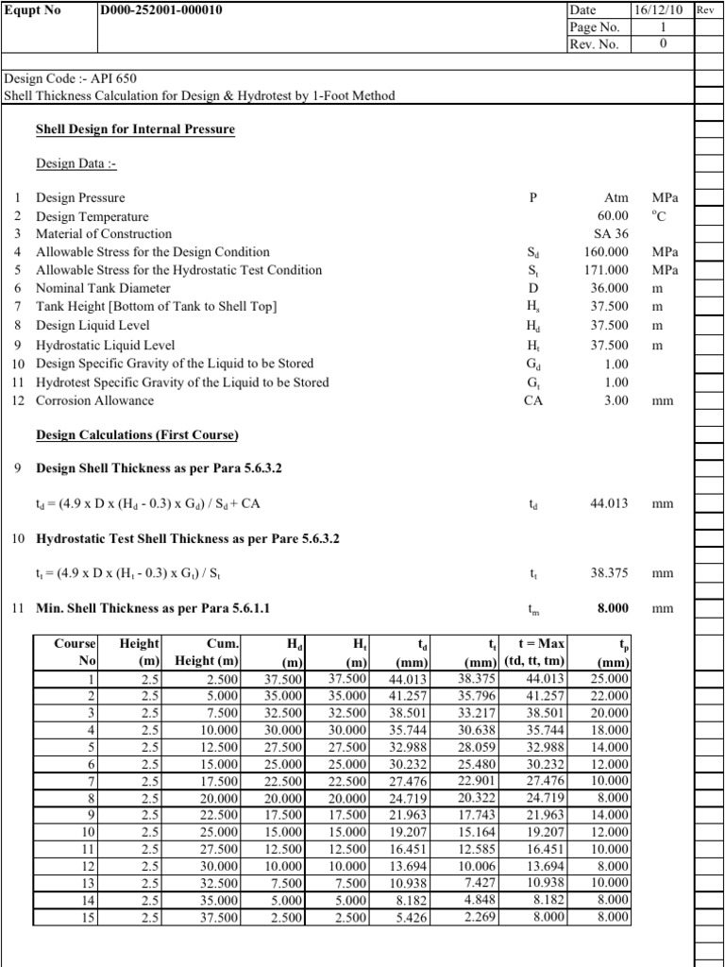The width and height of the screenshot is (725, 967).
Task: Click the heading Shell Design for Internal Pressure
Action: coord(135,129)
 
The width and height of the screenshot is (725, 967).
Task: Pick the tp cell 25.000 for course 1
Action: coord(607,678)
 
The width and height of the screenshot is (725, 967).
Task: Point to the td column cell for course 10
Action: coord(411,832)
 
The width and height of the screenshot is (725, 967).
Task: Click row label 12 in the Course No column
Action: coord(90,866)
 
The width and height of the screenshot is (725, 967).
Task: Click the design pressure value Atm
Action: coord(616,198)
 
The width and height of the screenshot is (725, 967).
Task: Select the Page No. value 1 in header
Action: coord(662,27)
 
